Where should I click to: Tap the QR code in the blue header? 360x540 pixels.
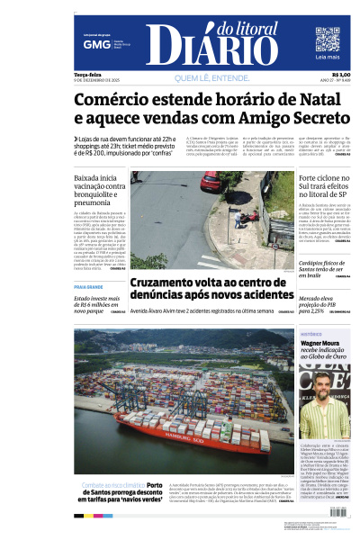[x=327, y=40]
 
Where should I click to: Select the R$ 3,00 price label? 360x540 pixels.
[x=341, y=75]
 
